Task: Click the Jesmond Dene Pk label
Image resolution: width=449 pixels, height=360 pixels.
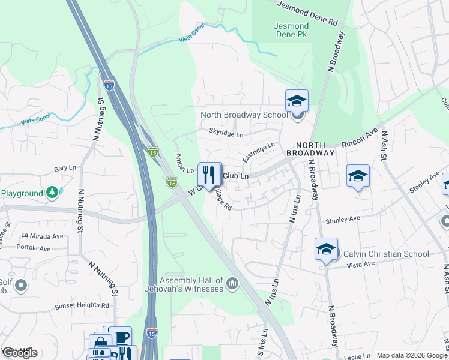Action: pos(291,31)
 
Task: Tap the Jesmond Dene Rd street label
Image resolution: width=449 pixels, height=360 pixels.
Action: pos(308,12)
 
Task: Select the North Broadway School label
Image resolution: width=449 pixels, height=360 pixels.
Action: pos(244,115)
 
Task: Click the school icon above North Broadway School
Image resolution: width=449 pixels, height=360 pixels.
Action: pos(297,101)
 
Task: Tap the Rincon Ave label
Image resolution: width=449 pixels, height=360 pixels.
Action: pos(359,139)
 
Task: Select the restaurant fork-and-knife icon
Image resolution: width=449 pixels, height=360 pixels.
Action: pos(209,175)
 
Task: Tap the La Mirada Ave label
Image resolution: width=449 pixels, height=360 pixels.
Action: pos(42,236)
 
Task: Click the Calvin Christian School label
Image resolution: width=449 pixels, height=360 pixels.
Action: pos(385,254)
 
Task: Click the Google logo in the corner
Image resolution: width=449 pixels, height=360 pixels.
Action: pos(19,353)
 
